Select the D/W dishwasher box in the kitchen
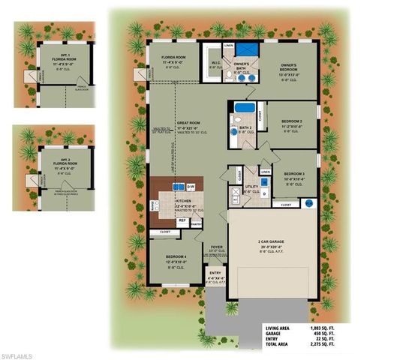pyautogui.click(x=191, y=186)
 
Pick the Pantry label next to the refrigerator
pyautogui.click(x=197, y=223)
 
